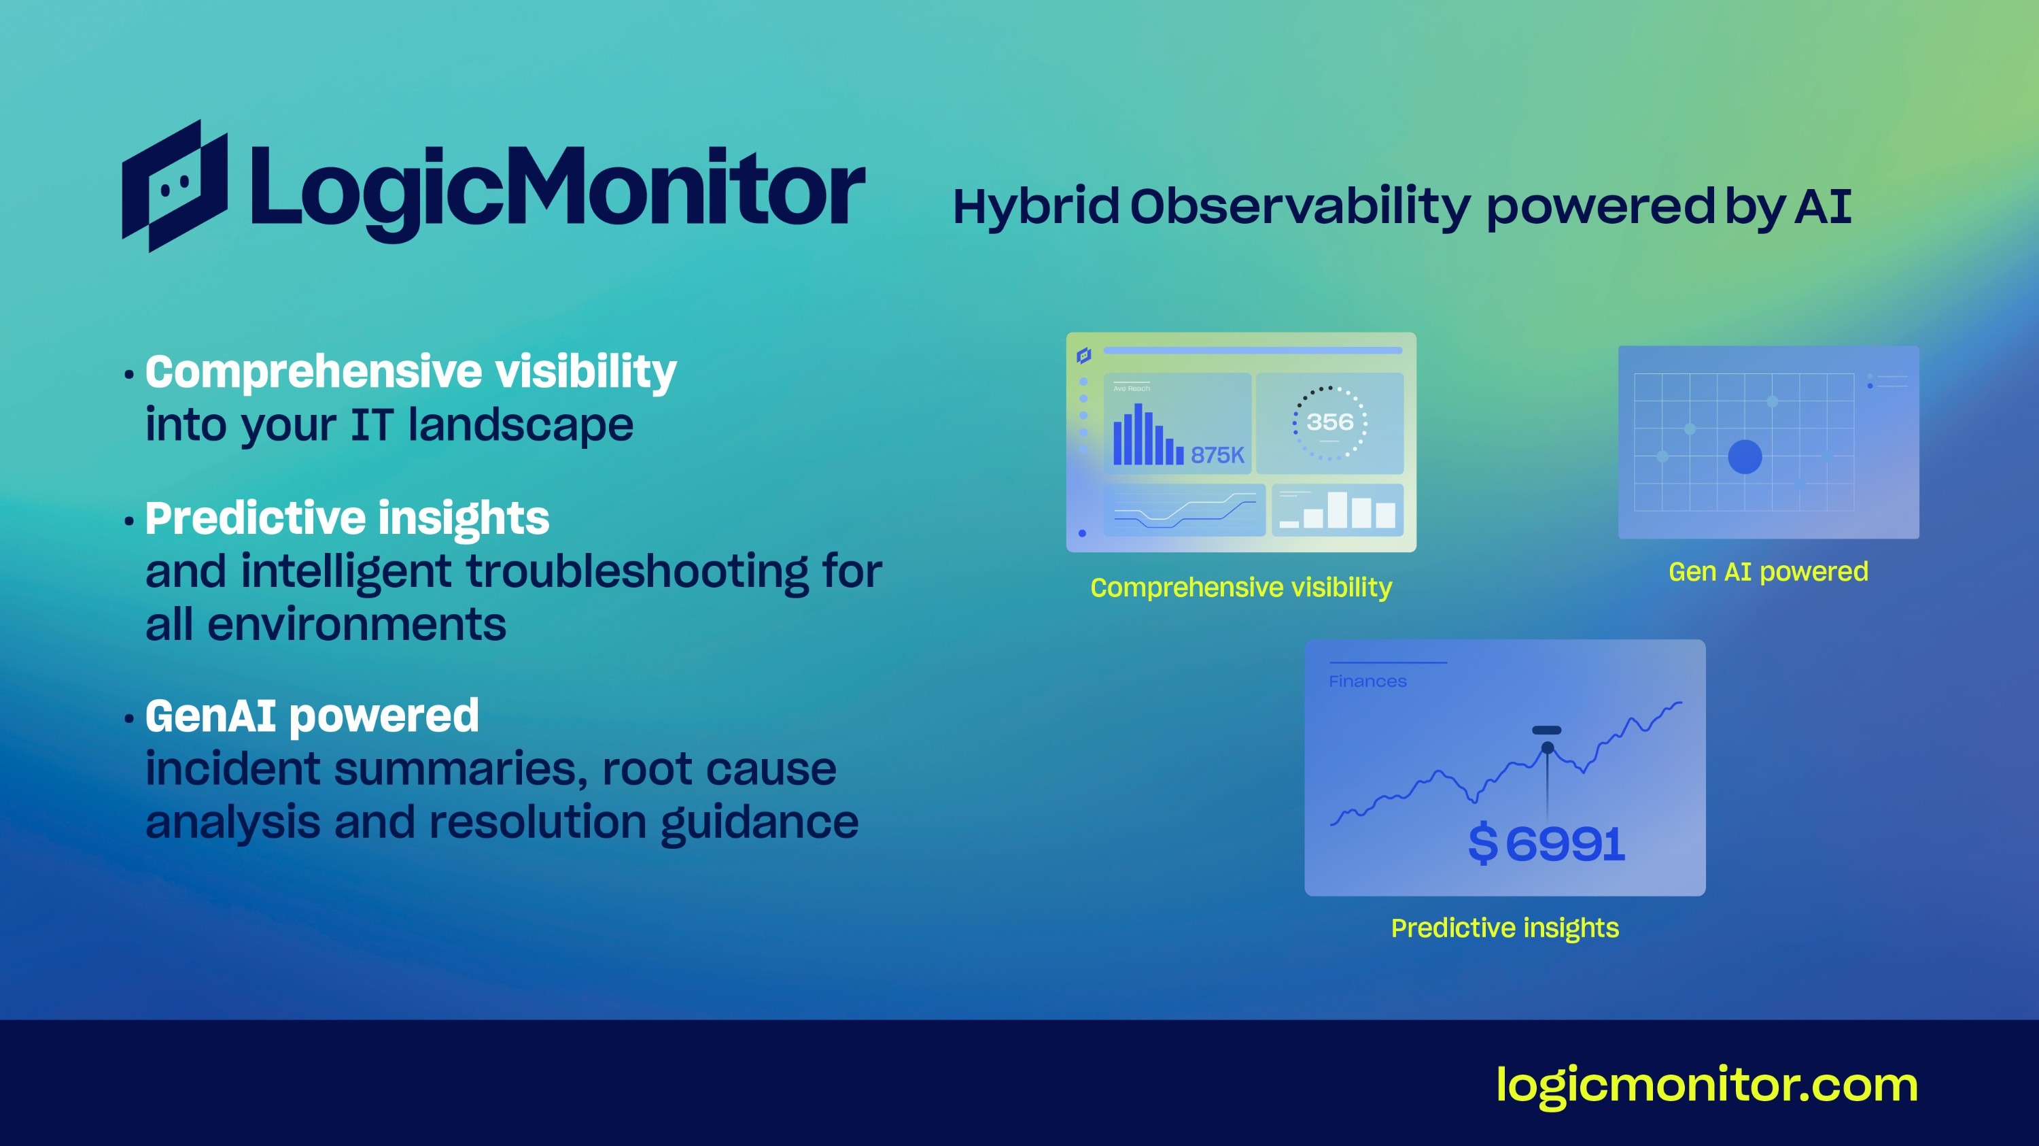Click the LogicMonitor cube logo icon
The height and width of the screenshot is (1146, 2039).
pos(175,186)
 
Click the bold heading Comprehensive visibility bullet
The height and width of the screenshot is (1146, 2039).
pos(411,372)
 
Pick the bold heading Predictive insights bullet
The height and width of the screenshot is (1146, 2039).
pos(347,520)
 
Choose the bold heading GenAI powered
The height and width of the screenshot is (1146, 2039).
pos(312,717)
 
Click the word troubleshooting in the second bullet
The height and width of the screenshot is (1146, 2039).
pos(638,572)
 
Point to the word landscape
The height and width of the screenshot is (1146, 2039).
pos(521,426)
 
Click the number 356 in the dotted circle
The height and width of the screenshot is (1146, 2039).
pos(1330,422)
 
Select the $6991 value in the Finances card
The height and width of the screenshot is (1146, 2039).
pos(1546,843)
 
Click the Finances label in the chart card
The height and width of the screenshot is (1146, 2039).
pos(1367,681)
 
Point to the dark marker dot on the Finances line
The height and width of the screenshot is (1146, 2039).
pos(1548,747)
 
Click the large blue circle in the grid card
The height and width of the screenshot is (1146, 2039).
pos(1745,457)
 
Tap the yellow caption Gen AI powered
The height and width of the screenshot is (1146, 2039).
pos(1768,572)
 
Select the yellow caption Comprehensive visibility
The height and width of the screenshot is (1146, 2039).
pos(1240,588)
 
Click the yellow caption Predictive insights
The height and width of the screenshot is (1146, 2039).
pos(1505,928)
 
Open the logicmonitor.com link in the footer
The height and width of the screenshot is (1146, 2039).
pos(1707,1085)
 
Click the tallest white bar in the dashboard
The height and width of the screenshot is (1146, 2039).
pos(1337,509)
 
